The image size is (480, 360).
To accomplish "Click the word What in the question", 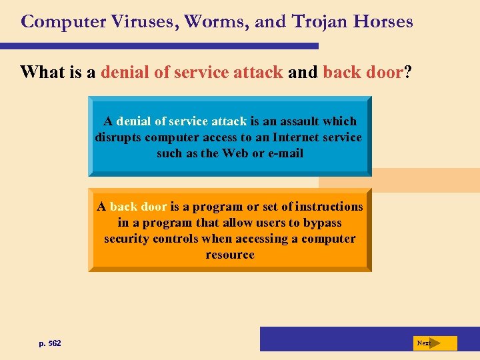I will point(43,71).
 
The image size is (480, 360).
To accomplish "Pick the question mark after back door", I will point(407,71).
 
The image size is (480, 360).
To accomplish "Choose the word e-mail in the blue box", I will point(285,153).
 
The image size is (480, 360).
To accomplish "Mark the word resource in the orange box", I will point(230,255).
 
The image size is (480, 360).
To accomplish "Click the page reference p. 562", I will point(50,343).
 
